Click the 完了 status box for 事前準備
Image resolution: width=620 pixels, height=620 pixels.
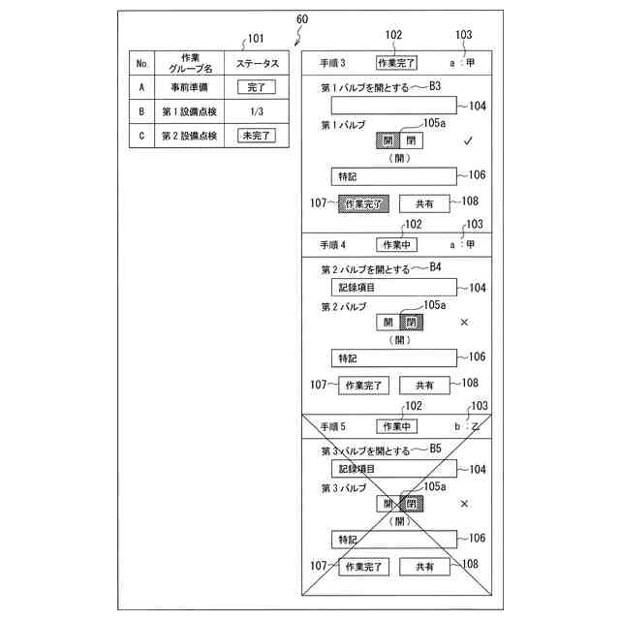[x=257, y=87]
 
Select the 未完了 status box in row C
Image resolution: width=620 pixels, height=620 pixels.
[x=257, y=136]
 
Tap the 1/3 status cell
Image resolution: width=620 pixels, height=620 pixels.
[x=257, y=111]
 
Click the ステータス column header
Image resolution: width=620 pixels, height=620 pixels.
[x=257, y=63]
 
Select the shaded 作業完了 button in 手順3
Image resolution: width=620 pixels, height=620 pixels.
[x=363, y=203]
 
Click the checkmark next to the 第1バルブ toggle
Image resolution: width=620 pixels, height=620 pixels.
[x=467, y=141]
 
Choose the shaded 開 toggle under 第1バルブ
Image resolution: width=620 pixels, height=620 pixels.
[x=387, y=141]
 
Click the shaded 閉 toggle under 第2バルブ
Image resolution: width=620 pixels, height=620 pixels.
[x=412, y=323]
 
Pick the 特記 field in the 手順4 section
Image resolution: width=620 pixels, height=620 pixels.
[x=392, y=357]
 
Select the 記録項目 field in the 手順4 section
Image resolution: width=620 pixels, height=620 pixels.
[x=392, y=287]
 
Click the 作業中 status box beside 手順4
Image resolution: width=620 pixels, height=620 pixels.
[x=396, y=244]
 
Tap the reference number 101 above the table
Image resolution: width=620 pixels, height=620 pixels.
[x=255, y=39]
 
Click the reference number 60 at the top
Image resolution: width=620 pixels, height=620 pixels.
[x=302, y=19]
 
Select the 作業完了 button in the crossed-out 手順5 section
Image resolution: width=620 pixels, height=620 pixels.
[x=363, y=566]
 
